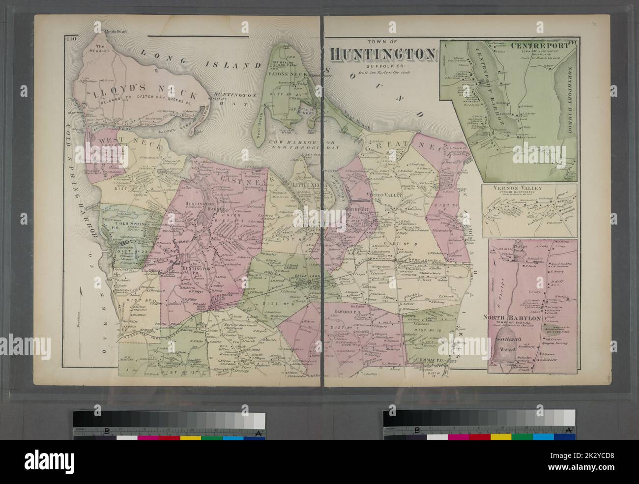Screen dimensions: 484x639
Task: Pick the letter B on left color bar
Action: click(106, 432)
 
